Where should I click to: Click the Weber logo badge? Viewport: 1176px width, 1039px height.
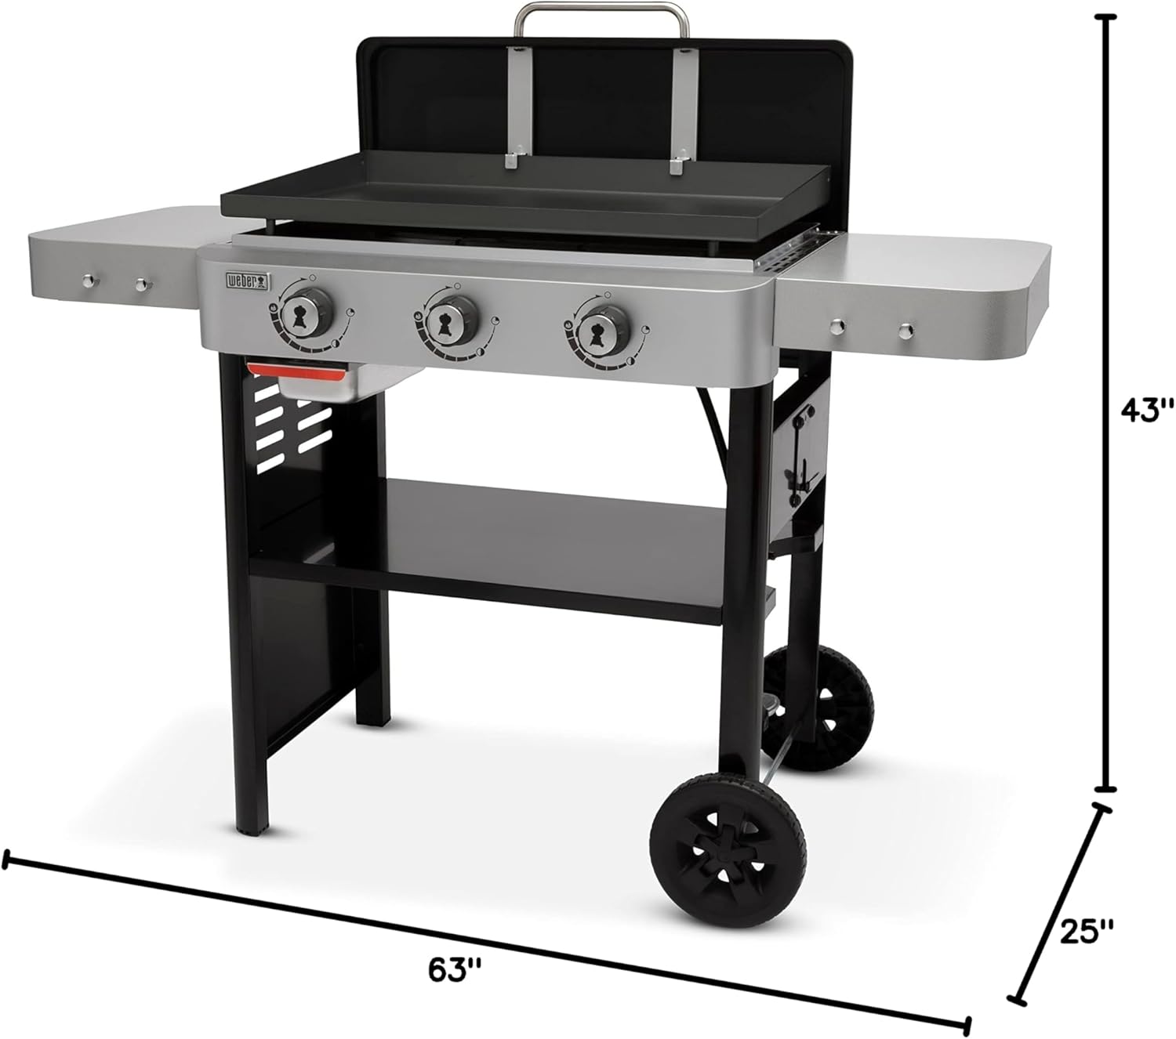pos(248,281)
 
